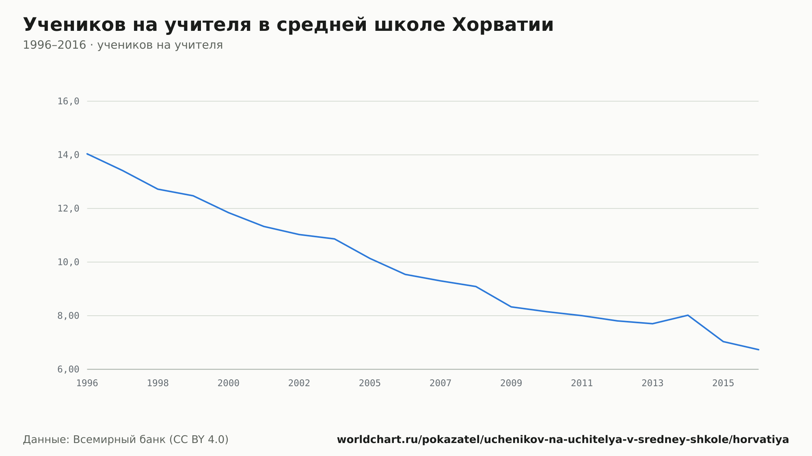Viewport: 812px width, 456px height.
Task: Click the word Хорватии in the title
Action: (x=503, y=25)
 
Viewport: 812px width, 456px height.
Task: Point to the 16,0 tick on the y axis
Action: (x=68, y=101)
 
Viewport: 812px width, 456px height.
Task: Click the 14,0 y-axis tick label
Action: (x=68, y=155)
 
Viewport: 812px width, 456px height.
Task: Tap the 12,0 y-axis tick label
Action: (x=68, y=209)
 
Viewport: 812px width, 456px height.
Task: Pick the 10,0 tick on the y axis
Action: (x=68, y=262)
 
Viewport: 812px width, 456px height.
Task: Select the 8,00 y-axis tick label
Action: (x=68, y=316)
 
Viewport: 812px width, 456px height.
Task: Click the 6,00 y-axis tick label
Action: (x=68, y=369)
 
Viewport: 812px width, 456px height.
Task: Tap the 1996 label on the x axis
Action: (x=87, y=383)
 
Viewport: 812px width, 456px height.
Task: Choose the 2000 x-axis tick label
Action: (x=229, y=383)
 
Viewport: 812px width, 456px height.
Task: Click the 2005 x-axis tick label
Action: (x=370, y=383)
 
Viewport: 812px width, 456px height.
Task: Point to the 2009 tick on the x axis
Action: (x=511, y=383)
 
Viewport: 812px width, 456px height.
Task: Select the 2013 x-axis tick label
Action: (x=652, y=383)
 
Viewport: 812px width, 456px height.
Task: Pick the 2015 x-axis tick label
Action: (x=723, y=383)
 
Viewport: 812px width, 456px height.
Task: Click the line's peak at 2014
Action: (x=688, y=315)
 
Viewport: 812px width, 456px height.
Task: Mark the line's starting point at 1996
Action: (x=87, y=154)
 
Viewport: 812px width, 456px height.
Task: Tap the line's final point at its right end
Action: (x=758, y=350)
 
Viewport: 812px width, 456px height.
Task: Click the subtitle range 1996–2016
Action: (x=54, y=45)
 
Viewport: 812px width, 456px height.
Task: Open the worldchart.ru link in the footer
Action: (x=563, y=440)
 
